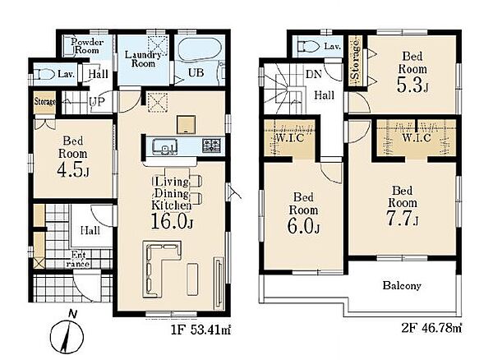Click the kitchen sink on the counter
coord(164,146)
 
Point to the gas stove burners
coord(212,145)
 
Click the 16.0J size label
coord(172,221)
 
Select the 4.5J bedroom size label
coord(73,170)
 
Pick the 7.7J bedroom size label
coord(402,219)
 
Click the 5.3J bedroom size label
coord(412,85)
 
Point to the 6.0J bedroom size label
coord(303,226)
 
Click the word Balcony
coord(402,286)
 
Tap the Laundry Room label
coord(143,59)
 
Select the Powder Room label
coord(87,46)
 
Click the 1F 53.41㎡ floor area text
coord(200,330)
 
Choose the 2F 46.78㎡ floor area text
coord(431,328)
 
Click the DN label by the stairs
coord(314,74)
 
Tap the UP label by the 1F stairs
coord(97,102)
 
